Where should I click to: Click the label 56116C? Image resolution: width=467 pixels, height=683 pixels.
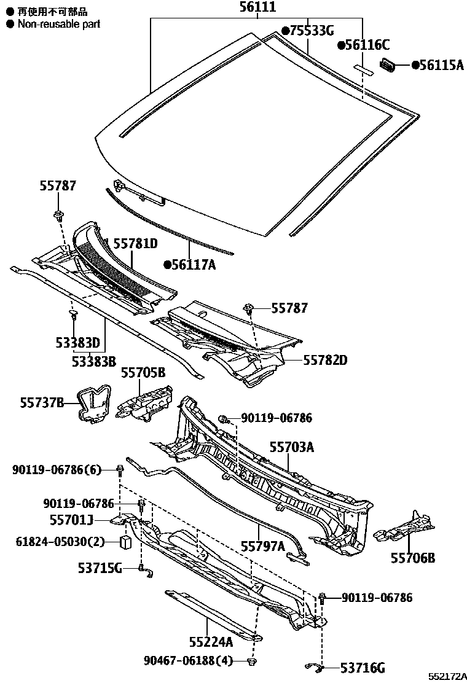367,45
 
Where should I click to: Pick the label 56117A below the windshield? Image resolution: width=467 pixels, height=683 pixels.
194,265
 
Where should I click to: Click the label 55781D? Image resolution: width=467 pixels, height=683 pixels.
135,244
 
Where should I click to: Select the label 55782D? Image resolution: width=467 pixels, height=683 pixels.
324,360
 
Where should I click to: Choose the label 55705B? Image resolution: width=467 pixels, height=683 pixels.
143,372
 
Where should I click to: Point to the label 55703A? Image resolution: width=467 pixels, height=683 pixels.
292,447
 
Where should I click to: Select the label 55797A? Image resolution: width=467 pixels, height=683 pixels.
262,546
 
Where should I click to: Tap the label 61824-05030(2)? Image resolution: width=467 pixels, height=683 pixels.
60,541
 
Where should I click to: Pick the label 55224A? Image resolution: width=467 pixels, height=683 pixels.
211,642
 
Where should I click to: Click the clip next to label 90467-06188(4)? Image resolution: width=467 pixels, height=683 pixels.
251,661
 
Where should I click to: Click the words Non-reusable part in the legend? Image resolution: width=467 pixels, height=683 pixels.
58,24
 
